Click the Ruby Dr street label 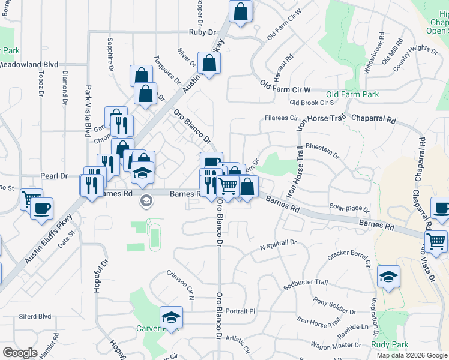(x=202, y=32)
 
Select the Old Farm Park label (x=352, y=95)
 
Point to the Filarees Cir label (x=281, y=118)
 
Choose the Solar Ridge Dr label (x=349, y=208)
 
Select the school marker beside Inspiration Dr (x=388, y=276)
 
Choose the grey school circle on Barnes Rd (x=145, y=201)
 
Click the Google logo (x=20, y=353)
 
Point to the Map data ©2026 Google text (x=412, y=355)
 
